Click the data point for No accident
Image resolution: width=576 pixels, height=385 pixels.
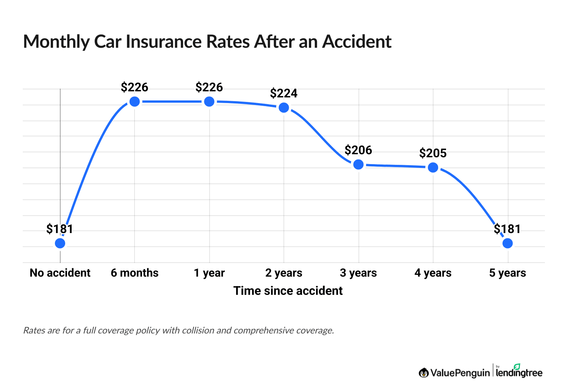(60, 243)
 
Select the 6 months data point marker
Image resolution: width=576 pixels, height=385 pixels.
(135, 102)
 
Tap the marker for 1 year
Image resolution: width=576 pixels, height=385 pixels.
(209, 102)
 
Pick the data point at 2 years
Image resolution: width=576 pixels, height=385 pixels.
(284, 108)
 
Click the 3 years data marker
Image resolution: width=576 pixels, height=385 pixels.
(358, 164)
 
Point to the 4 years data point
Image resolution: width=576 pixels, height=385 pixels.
(433, 167)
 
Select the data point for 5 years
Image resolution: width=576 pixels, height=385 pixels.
(507, 243)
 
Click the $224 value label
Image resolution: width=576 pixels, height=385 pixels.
(284, 93)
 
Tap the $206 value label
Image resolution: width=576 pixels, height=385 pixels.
(358, 150)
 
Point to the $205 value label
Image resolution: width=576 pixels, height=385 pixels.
(433, 153)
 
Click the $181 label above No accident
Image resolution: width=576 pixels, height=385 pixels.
(60, 229)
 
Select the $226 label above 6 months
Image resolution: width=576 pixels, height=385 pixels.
(135, 88)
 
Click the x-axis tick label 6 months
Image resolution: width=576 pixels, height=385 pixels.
(135, 273)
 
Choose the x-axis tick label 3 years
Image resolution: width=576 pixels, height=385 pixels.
(358, 273)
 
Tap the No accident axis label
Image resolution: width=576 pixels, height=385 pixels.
(60, 273)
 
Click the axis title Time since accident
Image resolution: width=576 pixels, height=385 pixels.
(288, 291)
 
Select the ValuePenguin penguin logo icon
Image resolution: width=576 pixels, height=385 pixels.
(424, 373)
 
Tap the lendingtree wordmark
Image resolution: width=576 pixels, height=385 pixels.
(519, 373)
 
